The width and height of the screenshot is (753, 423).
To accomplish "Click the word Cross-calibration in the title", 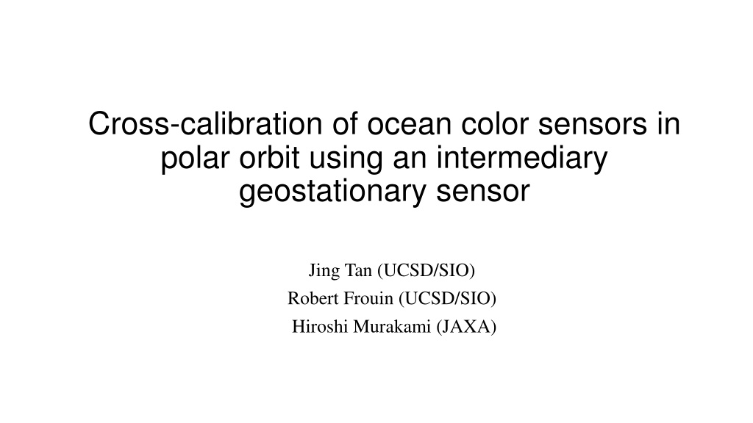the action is click(x=205, y=123).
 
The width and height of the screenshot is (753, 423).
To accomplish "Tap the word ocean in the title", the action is click(x=410, y=123).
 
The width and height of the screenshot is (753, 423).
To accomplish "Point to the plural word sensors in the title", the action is click(x=593, y=123).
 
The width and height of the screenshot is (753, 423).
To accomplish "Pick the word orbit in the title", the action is click(x=269, y=157).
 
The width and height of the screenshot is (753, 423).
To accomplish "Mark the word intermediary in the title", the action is click(x=522, y=157).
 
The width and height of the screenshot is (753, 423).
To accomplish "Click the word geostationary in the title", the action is click(x=332, y=192).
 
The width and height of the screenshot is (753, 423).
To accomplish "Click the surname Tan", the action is click(x=358, y=270).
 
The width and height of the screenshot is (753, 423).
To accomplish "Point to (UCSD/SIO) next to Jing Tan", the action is click(x=426, y=271).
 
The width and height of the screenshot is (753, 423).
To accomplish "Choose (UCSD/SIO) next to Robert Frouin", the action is click(x=447, y=299).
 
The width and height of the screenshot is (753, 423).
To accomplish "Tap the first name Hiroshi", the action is click(x=320, y=327).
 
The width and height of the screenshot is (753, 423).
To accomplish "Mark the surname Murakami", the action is click(x=392, y=327).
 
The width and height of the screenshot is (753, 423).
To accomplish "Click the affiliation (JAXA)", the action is click(x=466, y=327).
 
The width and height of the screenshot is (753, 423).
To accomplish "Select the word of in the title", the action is click(x=345, y=123).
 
